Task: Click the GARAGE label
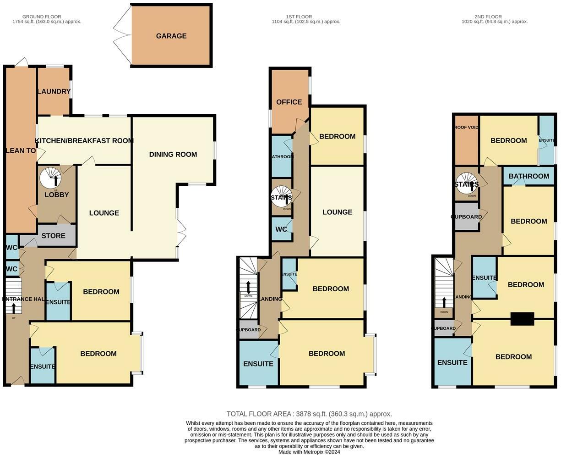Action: tap(171, 36)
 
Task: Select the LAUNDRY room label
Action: tap(54, 91)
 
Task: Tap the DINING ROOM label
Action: tap(173, 154)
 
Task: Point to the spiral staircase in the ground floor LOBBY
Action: tap(50, 178)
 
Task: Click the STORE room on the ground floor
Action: tap(54, 236)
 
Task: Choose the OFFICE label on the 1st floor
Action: tap(289, 102)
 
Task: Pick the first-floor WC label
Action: tap(281, 229)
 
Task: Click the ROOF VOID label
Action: tap(467, 127)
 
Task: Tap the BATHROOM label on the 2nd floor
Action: tap(528, 176)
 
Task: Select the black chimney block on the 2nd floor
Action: tap(522, 319)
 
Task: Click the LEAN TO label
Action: tap(21, 150)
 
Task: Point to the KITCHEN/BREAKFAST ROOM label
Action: tap(84, 141)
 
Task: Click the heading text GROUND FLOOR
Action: tap(42, 17)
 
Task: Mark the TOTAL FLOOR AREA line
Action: tap(309, 414)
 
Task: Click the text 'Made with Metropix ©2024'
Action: tap(309, 452)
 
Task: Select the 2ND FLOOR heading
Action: tap(488, 17)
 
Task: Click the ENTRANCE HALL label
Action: tap(23, 299)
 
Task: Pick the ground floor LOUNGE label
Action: tap(104, 213)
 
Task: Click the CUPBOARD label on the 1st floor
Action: tap(248, 330)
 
